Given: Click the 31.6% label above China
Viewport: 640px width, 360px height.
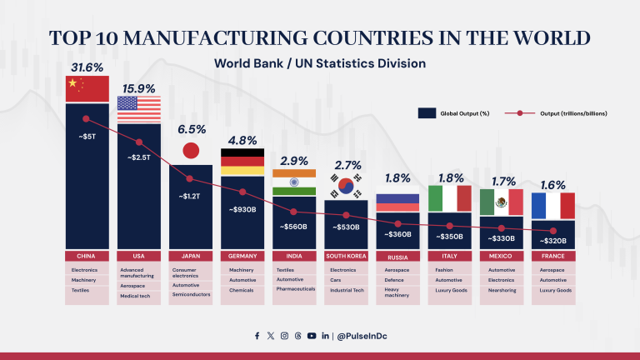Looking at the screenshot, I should (x=87, y=67).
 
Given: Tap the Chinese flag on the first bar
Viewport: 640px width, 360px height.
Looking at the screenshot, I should (x=87, y=88).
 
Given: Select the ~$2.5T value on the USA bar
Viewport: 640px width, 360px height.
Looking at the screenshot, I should (x=138, y=157).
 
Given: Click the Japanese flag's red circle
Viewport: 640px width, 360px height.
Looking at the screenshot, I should (x=191, y=151).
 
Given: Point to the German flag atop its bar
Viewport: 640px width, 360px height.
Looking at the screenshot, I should (x=242, y=162).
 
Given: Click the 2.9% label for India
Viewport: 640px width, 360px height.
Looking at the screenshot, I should (x=294, y=160).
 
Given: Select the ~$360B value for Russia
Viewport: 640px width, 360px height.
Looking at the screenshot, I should (x=397, y=234).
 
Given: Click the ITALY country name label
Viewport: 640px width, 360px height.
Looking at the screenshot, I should (x=449, y=256).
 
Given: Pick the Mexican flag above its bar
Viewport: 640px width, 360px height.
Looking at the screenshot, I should (x=502, y=201).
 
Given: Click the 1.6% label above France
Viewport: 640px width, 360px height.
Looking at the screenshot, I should (x=553, y=184).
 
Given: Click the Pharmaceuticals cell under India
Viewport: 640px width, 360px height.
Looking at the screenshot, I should (x=294, y=289).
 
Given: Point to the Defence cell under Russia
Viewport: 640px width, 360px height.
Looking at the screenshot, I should (x=397, y=281).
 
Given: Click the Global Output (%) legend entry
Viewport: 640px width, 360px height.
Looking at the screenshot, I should (x=450, y=112).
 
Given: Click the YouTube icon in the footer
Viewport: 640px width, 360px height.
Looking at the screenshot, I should (x=311, y=336).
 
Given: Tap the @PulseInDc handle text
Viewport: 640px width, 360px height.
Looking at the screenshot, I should (x=362, y=336).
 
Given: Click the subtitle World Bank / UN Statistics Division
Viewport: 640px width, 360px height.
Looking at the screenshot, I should (x=320, y=63).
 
